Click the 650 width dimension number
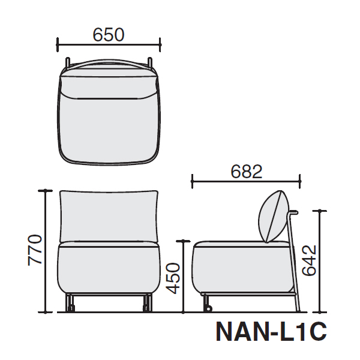[109, 35]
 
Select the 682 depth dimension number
[247, 172]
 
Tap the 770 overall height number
[35, 250]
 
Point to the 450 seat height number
[173, 278]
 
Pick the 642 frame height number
[309, 260]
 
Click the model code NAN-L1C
[271, 332]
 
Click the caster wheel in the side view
[209, 308]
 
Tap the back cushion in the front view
[109, 216]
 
